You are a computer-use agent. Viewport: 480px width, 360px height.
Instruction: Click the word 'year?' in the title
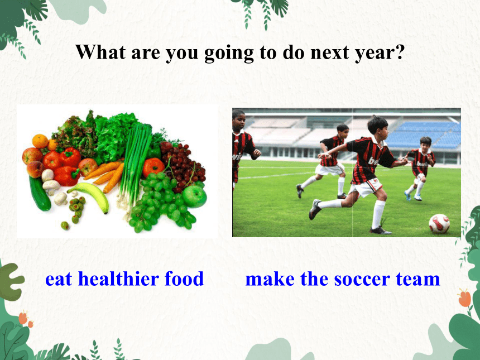(x=380, y=53)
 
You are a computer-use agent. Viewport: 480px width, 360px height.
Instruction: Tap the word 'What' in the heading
(x=100, y=52)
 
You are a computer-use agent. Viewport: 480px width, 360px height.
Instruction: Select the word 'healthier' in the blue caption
(x=118, y=279)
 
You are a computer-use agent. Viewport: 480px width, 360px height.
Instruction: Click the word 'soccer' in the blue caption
(x=362, y=280)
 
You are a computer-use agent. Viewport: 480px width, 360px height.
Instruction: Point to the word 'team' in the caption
(x=418, y=280)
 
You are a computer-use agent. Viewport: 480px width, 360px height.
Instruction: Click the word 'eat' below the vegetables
(x=59, y=280)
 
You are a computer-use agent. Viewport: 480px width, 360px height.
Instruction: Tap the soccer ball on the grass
(x=439, y=224)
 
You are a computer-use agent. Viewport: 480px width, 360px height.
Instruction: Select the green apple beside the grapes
(x=195, y=196)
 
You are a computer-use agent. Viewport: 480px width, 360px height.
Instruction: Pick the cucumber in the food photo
(x=40, y=194)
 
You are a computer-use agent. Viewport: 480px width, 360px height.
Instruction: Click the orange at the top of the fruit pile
(x=40, y=141)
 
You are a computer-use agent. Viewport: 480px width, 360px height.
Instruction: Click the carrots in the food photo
(x=105, y=176)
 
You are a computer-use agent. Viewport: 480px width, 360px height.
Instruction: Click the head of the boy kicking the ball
(x=377, y=126)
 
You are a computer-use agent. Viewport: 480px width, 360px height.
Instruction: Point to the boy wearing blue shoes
(x=421, y=169)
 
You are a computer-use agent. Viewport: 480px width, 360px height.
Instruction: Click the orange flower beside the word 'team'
(x=465, y=298)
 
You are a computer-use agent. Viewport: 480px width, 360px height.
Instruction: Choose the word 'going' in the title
(x=229, y=53)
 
